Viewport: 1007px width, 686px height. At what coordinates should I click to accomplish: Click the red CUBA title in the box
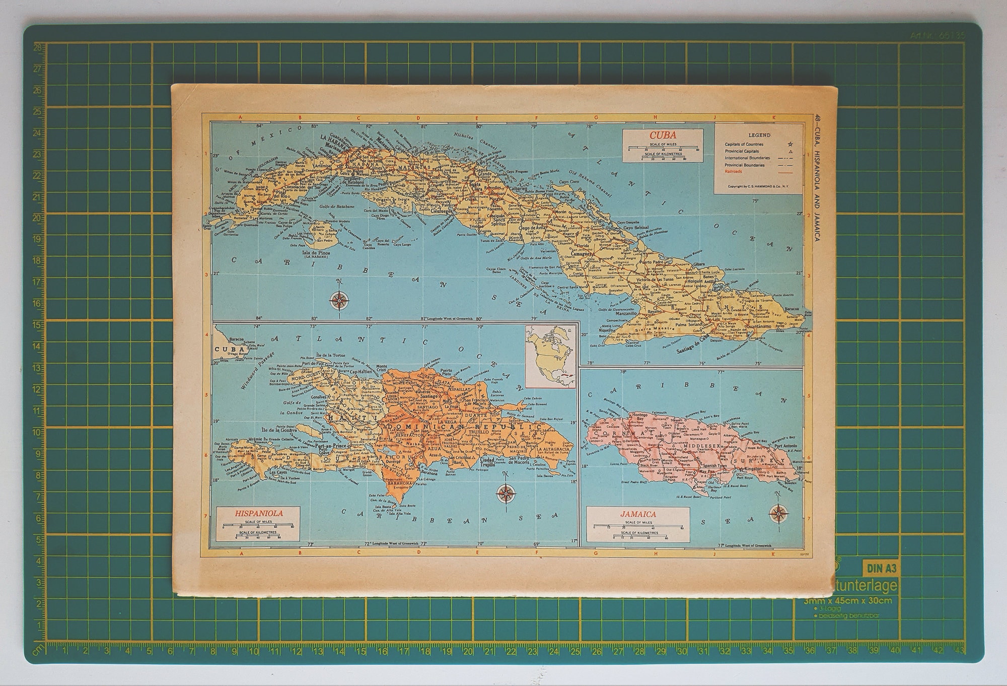point(662,135)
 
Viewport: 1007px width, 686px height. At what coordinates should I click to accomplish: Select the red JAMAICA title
point(638,514)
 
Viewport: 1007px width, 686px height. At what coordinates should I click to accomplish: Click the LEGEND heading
point(759,135)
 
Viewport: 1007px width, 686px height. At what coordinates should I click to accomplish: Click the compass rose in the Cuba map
point(339,301)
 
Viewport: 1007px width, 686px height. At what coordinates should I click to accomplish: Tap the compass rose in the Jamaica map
point(779,513)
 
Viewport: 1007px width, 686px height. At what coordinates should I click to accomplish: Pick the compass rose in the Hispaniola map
point(505,494)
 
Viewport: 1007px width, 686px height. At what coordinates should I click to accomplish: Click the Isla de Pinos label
point(316,252)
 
